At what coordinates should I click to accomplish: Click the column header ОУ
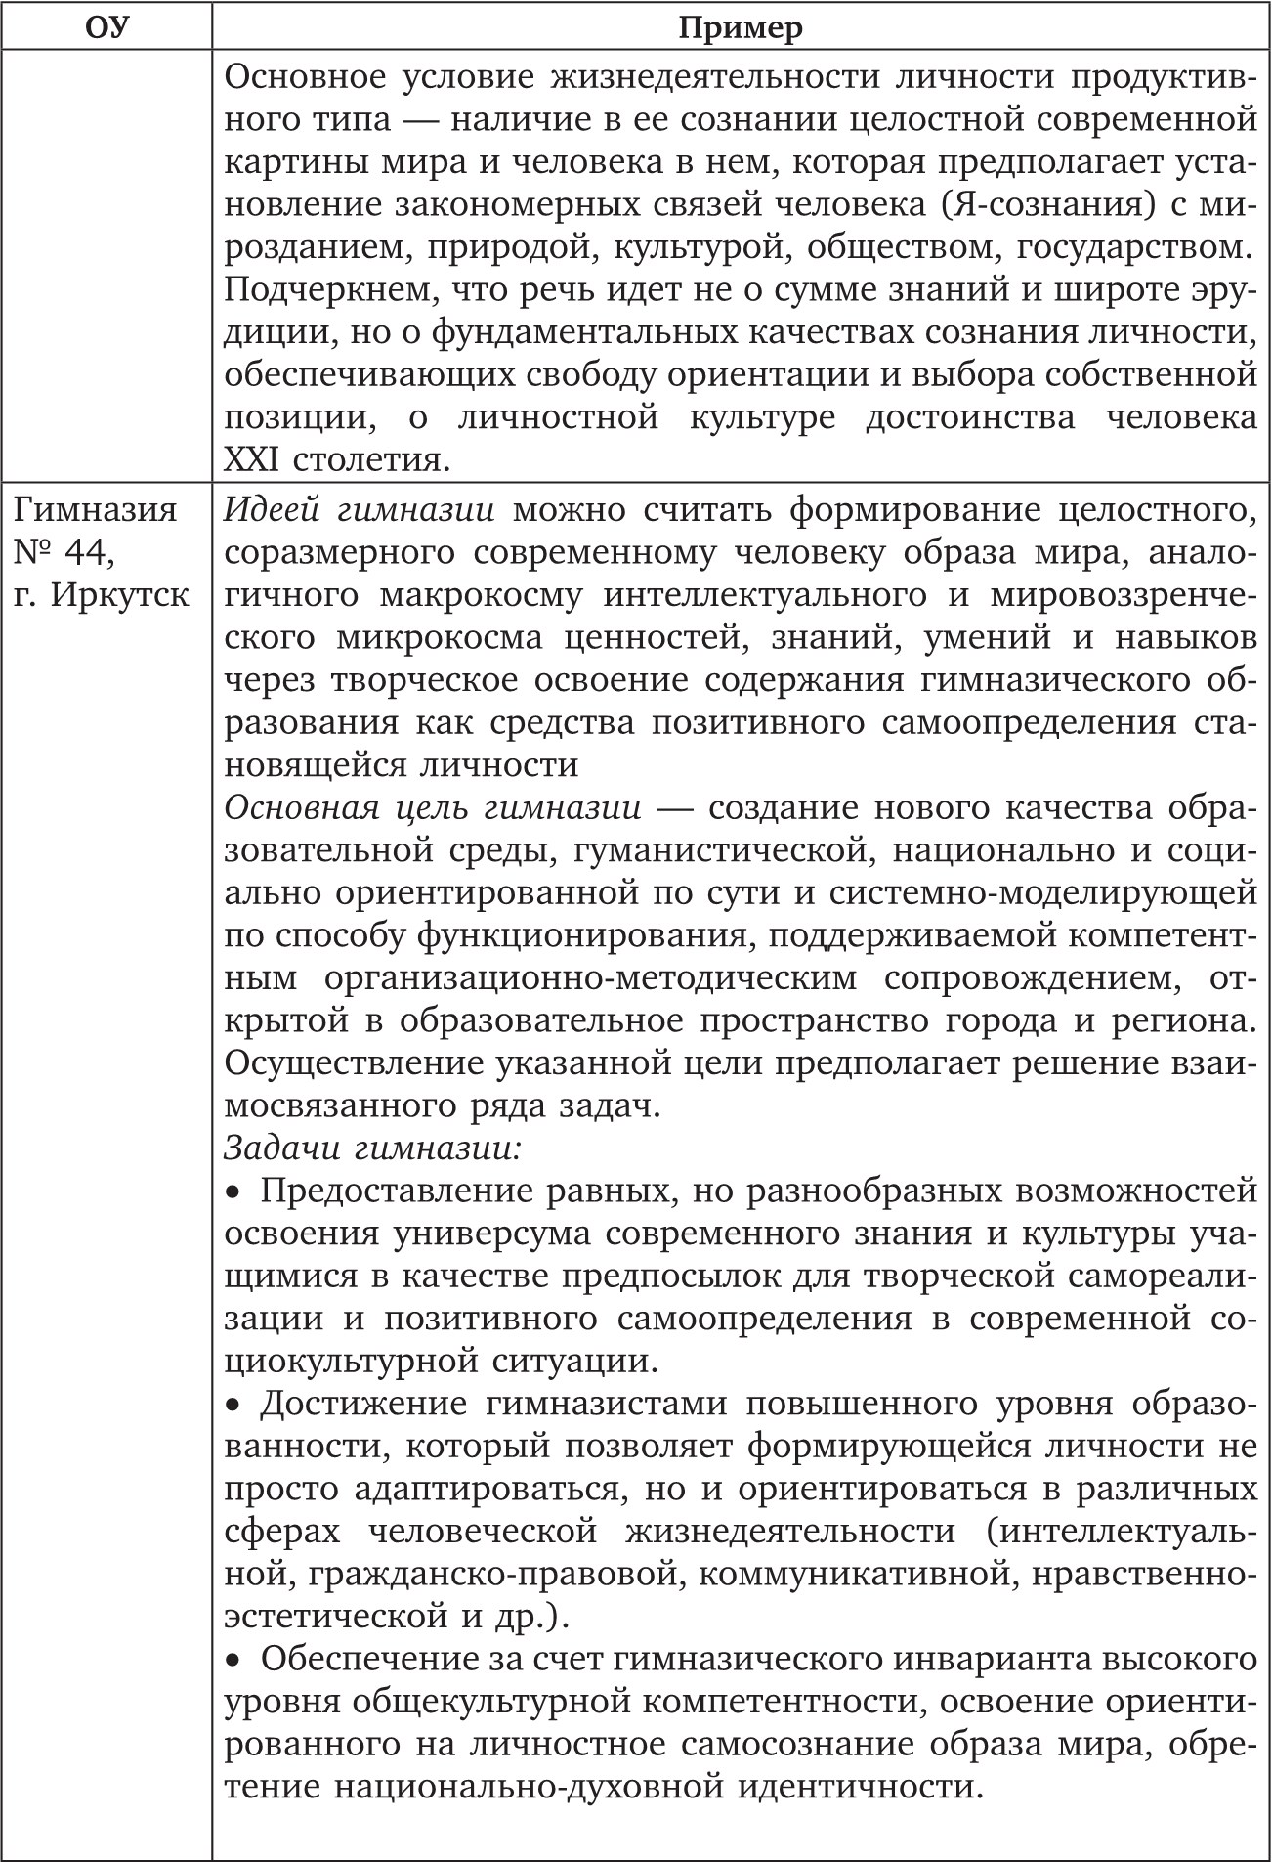(x=106, y=26)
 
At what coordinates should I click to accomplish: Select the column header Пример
(x=741, y=26)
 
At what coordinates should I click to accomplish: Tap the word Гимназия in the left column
(x=96, y=510)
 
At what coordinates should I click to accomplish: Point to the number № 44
(x=64, y=552)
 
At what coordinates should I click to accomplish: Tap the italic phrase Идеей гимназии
(x=359, y=510)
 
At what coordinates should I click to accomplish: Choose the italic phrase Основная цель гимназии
(x=433, y=808)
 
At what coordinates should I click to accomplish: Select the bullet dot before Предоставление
(x=233, y=1192)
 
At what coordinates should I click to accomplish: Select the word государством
(x=1132, y=248)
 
